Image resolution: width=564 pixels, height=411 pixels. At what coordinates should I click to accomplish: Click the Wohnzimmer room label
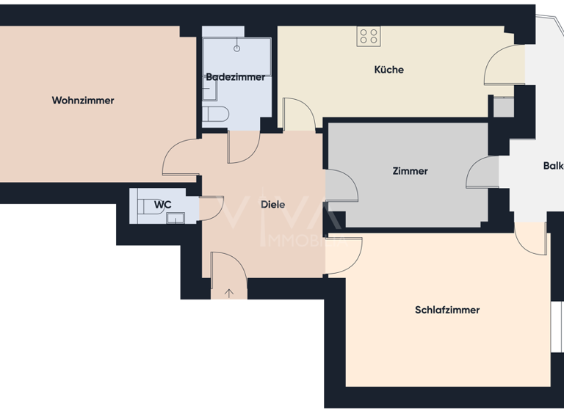click(x=83, y=101)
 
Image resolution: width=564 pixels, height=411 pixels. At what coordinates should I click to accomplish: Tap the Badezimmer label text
click(x=236, y=77)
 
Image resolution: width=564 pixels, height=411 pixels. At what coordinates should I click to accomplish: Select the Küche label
click(x=388, y=70)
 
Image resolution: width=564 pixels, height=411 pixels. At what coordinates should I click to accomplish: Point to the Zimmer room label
click(x=410, y=171)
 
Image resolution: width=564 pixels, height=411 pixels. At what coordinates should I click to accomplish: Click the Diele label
click(x=272, y=205)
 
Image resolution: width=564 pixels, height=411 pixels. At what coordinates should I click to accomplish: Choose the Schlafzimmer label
click(x=447, y=310)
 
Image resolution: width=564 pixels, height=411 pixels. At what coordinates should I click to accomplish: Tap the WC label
click(x=162, y=204)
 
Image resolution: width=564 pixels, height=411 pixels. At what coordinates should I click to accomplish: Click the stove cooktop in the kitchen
click(x=368, y=36)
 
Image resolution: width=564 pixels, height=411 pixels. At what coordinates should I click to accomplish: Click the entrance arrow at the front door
click(x=229, y=294)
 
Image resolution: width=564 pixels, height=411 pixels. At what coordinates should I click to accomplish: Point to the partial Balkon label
click(x=553, y=166)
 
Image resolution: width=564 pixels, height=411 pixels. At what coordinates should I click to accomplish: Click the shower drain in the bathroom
click(x=237, y=48)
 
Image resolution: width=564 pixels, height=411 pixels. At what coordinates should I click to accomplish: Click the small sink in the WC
click(x=175, y=217)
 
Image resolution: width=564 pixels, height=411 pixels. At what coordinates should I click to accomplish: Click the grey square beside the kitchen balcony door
click(x=504, y=107)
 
